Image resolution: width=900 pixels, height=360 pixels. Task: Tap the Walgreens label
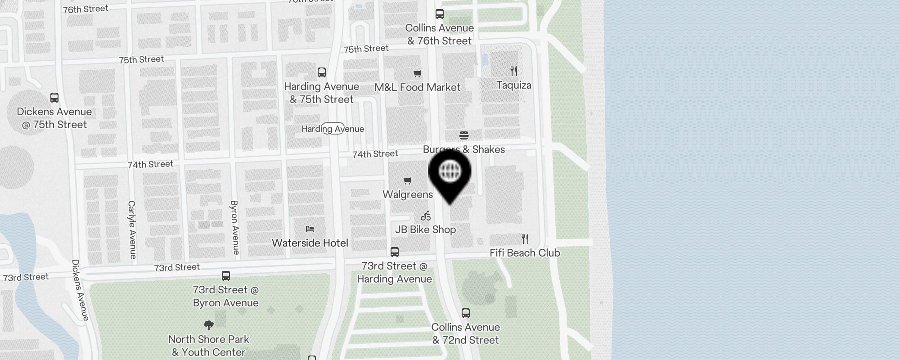[x=408, y=194]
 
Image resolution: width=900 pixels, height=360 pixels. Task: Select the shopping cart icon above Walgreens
[x=407, y=180]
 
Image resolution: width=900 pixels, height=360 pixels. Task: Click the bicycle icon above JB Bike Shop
[x=426, y=216]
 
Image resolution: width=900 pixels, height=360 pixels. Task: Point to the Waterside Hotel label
[x=310, y=243]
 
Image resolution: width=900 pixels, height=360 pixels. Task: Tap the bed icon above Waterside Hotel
[x=310, y=229]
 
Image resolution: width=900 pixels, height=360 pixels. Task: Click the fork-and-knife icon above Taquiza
[x=514, y=71]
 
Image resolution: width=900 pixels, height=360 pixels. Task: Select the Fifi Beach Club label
[x=525, y=253]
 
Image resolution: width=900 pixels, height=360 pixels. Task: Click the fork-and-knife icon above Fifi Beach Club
[x=525, y=238]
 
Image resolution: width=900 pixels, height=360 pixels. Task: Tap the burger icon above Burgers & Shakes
[x=464, y=135]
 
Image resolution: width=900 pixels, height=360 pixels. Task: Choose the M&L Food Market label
[x=417, y=87]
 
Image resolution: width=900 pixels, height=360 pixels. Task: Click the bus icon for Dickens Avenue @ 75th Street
[x=54, y=97]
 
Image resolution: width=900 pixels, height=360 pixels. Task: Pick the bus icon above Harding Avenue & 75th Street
[x=322, y=72]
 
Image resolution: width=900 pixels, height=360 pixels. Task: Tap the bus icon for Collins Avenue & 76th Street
[x=440, y=14]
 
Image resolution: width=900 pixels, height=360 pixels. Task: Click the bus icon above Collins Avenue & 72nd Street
[x=466, y=313]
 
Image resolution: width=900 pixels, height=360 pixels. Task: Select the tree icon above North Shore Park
[x=208, y=325]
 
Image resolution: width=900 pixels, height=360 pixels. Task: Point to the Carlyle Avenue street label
[x=132, y=229]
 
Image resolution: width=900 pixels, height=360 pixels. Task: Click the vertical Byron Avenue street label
[x=234, y=227]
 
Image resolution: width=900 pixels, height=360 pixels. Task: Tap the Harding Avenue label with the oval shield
[x=333, y=129]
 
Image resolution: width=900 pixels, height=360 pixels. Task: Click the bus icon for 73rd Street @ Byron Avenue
[x=226, y=275]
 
